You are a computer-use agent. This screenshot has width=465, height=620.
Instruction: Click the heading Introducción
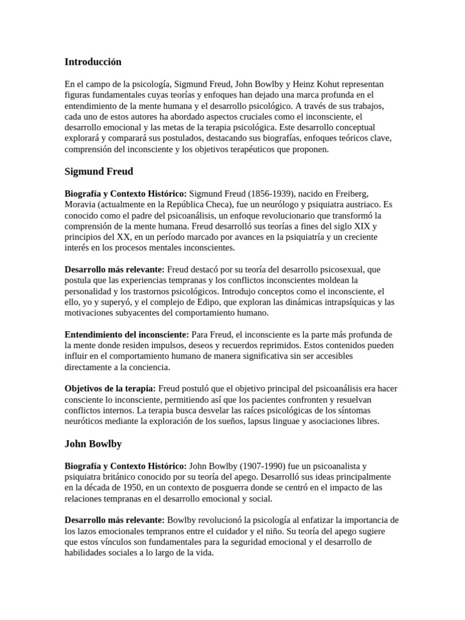(x=93, y=62)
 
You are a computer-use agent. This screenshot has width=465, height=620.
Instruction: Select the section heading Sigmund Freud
(x=99, y=171)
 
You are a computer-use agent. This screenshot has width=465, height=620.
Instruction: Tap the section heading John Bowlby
(x=93, y=444)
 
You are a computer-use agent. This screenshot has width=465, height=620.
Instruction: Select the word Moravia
(x=80, y=204)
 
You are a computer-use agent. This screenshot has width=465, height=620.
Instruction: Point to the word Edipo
(x=219, y=302)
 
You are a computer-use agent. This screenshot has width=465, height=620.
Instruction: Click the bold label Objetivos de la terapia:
(x=110, y=389)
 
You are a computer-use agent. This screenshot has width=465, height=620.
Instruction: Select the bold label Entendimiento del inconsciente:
(x=127, y=335)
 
